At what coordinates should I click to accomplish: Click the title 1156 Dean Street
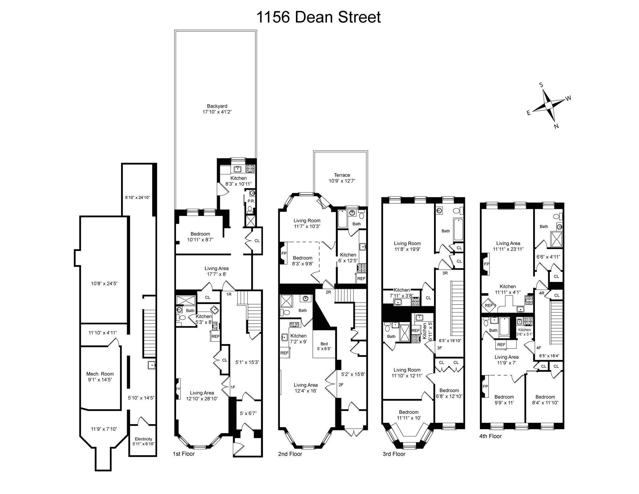click(x=319, y=17)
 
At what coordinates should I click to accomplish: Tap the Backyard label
click(x=217, y=109)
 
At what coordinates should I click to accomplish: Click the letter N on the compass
click(x=556, y=126)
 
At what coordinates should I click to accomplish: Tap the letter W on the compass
click(x=568, y=98)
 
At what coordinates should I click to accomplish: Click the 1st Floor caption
click(x=184, y=454)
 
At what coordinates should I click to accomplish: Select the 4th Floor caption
click(x=491, y=436)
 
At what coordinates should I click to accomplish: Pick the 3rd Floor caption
click(x=394, y=454)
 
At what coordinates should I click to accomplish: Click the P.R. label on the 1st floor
click(x=251, y=201)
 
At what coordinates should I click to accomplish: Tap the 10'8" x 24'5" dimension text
click(x=104, y=284)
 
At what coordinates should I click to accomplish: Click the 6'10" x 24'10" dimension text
click(x=137, y=197)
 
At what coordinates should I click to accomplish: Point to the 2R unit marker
click(x=328, y=292)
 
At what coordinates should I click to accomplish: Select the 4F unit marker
click(x=539, y=348)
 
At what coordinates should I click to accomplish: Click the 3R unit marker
click(x=445, y=273)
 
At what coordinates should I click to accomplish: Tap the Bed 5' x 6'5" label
click(x=324, y=346)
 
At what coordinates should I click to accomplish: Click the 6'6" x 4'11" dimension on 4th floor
click(x=548, y=257)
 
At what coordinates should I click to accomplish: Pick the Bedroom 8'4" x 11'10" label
click(x=545, y=399)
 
